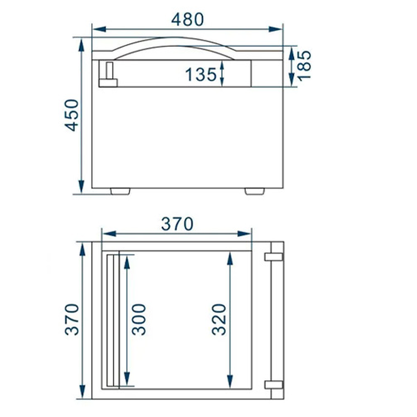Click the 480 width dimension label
(x=188, y=19)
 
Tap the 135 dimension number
(x=201, y=75)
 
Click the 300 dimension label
(x=139, y=319)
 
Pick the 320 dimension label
(x=219, y=319)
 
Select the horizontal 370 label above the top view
(x=177, y=224)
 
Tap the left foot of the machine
(x=121, y=191)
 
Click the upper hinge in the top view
(x=274, y=257)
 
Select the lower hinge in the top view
(x=274, y=385)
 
